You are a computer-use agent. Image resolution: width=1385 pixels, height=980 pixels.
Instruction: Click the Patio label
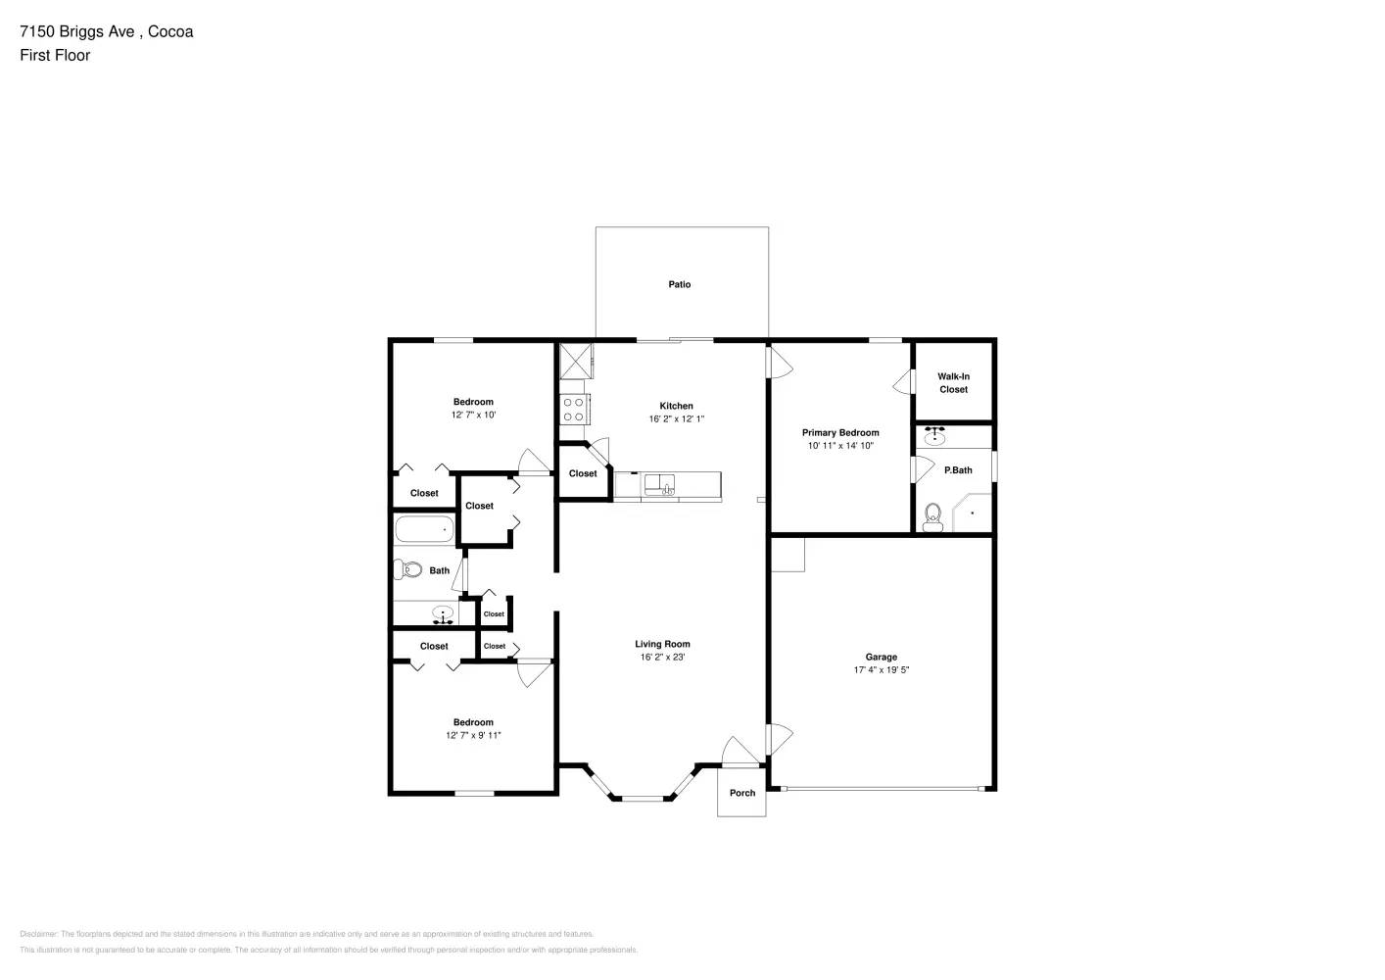tap(680, 284)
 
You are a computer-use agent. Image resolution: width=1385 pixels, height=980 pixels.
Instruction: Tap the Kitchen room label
tap(676, 406)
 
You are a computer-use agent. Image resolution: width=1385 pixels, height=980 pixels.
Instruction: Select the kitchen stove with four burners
tap(573, 409)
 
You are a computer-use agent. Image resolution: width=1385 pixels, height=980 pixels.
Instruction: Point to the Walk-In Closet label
tap(953, 383)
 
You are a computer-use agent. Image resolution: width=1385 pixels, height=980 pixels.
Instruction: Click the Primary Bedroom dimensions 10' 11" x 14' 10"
tap(840, 446)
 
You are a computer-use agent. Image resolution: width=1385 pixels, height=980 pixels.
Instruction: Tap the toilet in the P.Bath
tap(931, 517)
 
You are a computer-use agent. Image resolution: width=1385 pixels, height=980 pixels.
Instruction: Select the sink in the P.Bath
tap(936, 436)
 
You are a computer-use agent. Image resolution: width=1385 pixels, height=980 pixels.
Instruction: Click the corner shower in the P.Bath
tap(974, 513)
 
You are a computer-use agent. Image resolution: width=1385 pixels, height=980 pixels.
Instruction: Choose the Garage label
tap(881, 658)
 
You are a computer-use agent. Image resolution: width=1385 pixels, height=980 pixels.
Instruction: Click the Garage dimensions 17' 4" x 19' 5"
tap(881, 670)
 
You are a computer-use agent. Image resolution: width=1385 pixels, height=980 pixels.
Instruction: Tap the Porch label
tap(742, 793)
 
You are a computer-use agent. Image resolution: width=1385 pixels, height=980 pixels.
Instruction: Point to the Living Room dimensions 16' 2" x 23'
tap(662, 658)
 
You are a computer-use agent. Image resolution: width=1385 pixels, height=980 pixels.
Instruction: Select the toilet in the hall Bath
tap(407, 569)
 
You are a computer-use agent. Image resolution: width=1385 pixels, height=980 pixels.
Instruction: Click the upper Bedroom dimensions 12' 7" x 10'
tap(473, 416)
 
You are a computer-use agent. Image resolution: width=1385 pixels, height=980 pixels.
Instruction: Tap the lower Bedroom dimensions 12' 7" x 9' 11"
tap(473, 735)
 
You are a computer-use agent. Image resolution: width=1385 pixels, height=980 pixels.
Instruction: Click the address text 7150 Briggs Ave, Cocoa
tap(107, 31)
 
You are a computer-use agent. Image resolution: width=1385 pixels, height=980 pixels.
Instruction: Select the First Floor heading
tap(55, 55)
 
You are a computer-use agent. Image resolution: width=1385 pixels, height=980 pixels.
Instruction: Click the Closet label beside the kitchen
tap(583, 473)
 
